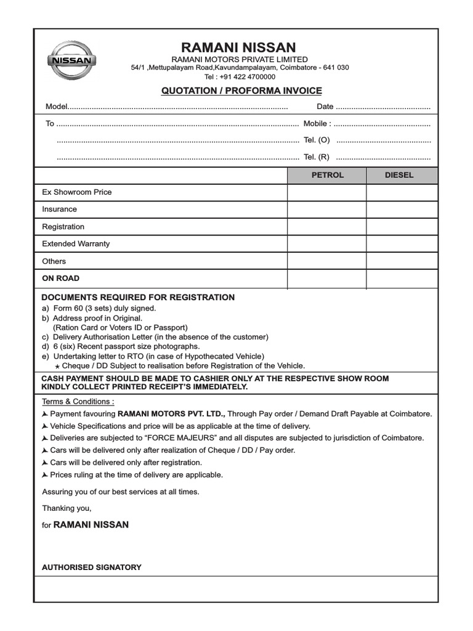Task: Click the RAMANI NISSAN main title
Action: click(x=238, y=47)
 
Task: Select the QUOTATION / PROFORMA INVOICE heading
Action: click(x=241, y=91)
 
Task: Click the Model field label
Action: click(x=56, y=107)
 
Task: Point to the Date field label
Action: click(x=325, y=107)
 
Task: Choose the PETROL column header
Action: click(x=327, y=175)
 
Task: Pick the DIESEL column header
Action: click(x=399, y=175)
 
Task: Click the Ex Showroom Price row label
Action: click(x=77, y=192)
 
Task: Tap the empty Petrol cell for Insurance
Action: click(x=327, y=210)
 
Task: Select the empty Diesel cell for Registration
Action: click(x=402, y=227)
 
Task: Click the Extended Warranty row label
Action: click(x=76, y=244)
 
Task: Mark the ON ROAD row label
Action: click(x=60, y=279)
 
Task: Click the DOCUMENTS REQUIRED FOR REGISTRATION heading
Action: click(x=138, y=298)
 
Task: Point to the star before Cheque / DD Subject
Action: click(x=57, y=366)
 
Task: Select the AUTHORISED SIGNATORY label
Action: click(x=91, y=567)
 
